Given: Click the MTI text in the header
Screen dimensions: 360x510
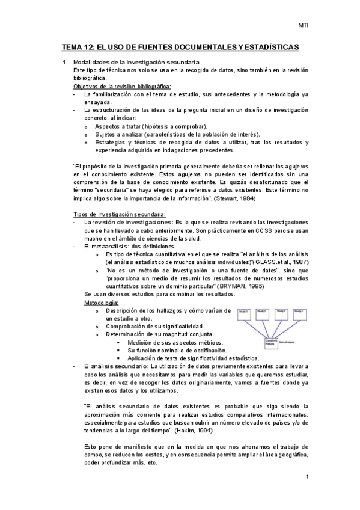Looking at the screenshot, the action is pos(303,25).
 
